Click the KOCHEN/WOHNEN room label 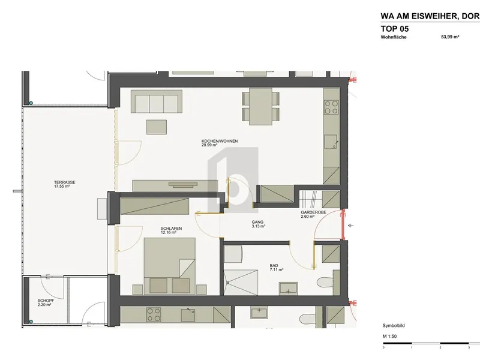coord(220,141)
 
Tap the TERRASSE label coord(65,182)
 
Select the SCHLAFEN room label coord(171,229)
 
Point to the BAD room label coord(274,265)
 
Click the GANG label coord(257,222)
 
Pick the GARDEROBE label coord(313,212)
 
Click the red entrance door coord(343,224)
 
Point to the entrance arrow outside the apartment coord(351,226)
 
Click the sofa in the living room coord(157,101)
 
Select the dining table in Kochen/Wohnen coord(260,106)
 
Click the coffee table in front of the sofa coord(157,127)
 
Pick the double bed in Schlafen coord(170,266)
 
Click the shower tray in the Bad coord(241,282)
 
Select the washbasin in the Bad coord(288,289)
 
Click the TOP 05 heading coord(395,29)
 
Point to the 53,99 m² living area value coord(450,37)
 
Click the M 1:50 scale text coord(389,336)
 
